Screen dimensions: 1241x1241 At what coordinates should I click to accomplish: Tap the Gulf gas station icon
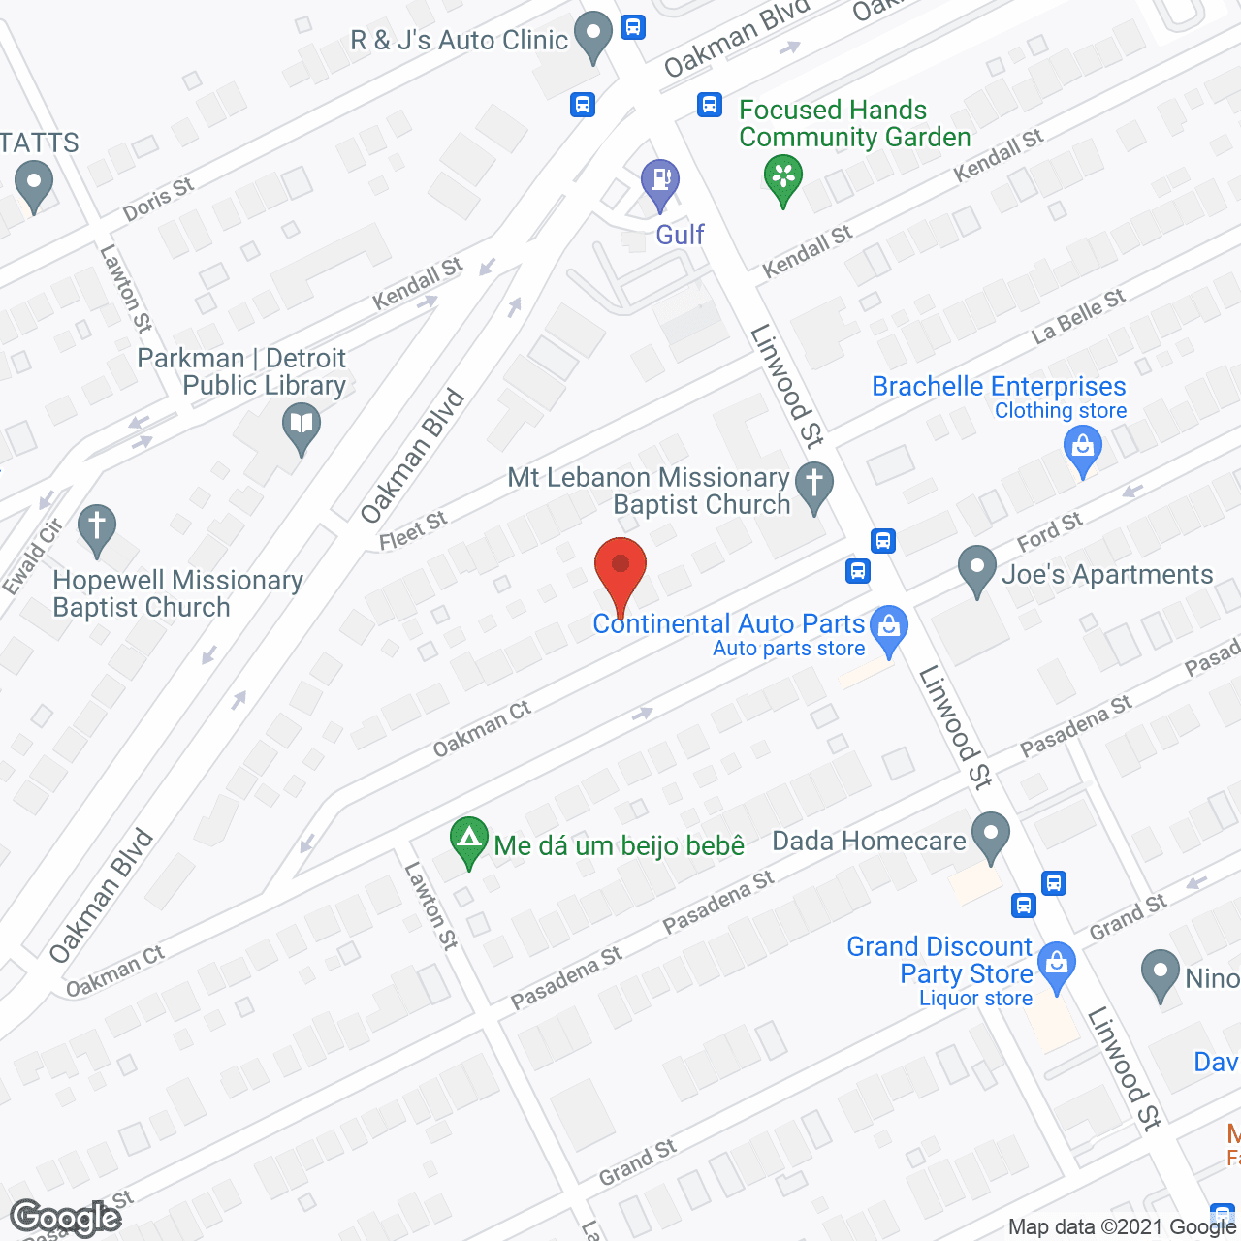point(660,181)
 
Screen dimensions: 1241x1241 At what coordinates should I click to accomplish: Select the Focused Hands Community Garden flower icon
point(782,177)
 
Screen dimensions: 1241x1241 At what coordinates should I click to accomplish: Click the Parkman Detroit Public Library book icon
point(302,425)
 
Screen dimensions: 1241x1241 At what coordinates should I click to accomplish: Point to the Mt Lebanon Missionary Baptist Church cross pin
point(814,483)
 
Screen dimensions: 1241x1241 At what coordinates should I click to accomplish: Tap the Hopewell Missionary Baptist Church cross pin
point(96,527)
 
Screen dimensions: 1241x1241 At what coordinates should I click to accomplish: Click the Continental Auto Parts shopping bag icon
point(888,626)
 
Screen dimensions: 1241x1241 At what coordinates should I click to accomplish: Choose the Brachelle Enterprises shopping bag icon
point(1082,448)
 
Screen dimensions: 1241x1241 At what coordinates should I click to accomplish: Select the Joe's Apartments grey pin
point(976,567)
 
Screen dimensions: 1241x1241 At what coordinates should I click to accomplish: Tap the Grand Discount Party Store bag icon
point(1056,966)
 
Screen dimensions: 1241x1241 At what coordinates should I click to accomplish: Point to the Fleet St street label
point(413,530)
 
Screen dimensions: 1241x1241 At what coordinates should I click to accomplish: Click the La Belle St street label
point(1078,316)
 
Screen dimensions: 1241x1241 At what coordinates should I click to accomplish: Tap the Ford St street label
point(1049,531)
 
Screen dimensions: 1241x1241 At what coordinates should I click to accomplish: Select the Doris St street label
point(158,199)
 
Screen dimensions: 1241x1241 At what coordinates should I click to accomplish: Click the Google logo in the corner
point(65,1218)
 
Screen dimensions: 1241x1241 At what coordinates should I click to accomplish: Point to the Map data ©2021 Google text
point(1123,1227)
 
